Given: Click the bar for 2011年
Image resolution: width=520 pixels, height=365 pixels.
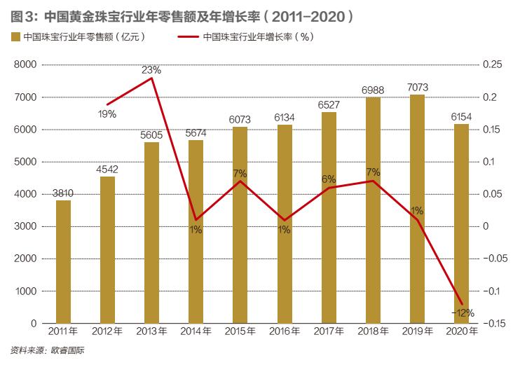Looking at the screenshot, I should point(64,261).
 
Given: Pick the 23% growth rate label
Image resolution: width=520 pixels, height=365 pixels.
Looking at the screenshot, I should point(151,70).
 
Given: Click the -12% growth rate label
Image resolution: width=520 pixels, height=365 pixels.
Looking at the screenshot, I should point(463,312).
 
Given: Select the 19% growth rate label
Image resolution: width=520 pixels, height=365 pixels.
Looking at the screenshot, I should point(107,113).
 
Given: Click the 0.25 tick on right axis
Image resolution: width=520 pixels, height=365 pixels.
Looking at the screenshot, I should point(493,65).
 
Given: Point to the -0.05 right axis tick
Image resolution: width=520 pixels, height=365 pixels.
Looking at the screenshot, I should point(495,259).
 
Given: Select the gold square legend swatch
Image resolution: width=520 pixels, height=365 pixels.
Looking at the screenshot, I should point(15,37).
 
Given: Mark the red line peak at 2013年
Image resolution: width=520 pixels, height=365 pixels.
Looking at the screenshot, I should point(152,78).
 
